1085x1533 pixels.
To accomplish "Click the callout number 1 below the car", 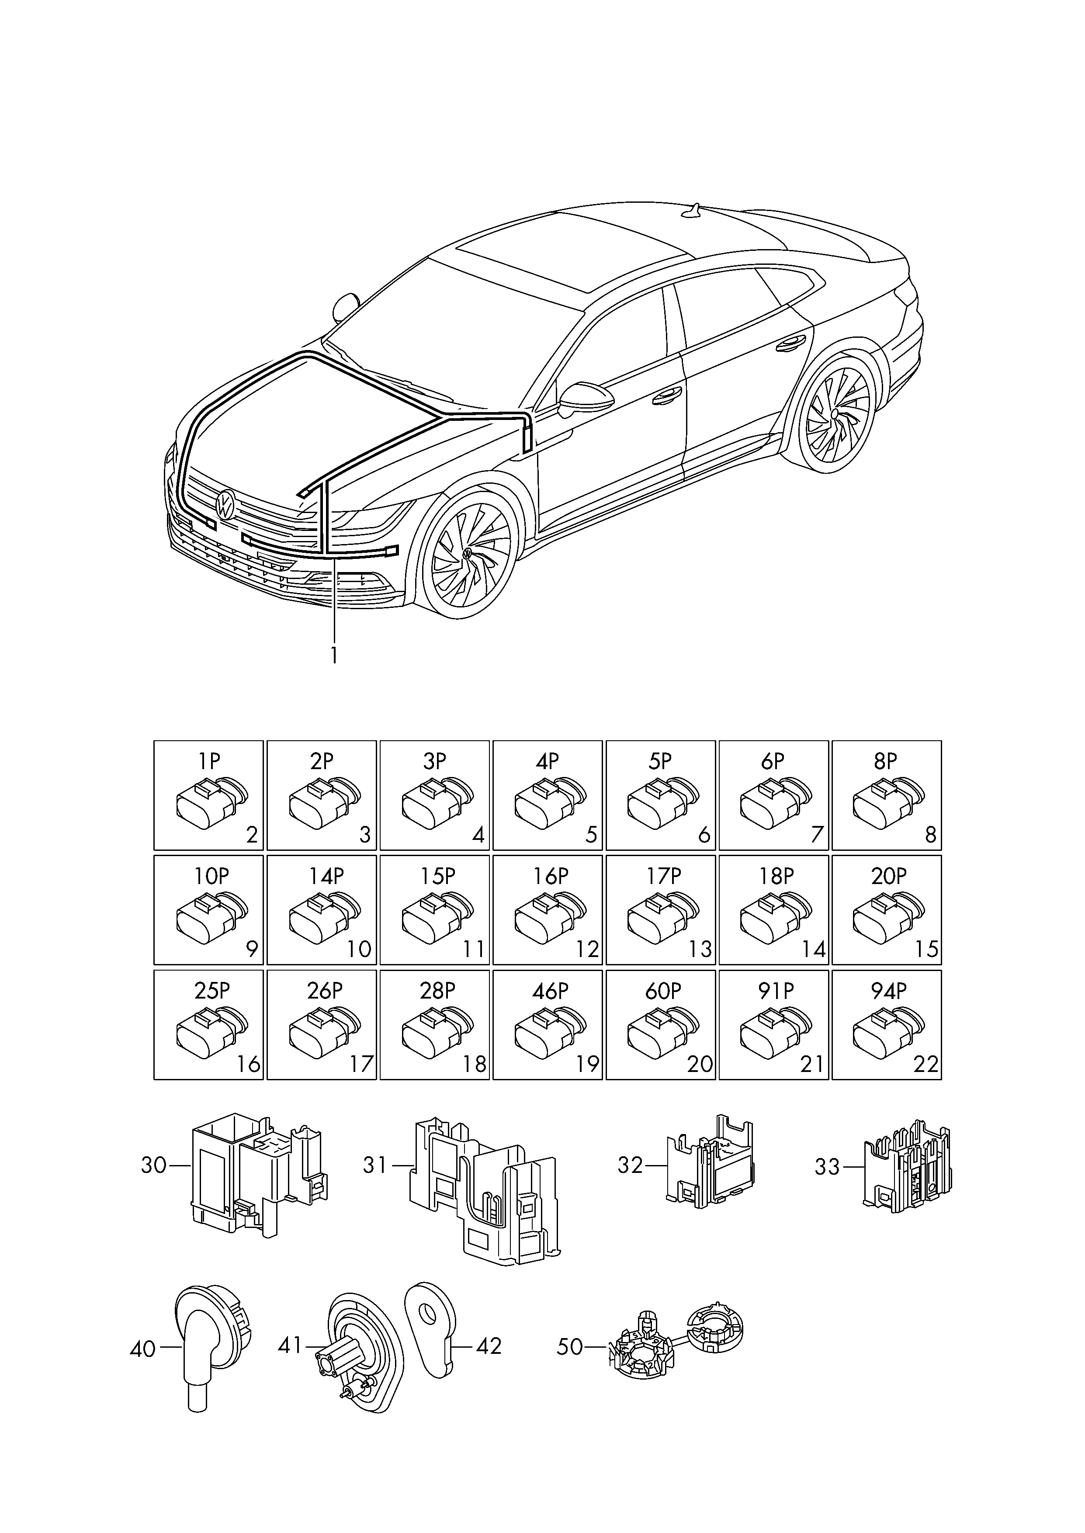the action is [333, 655].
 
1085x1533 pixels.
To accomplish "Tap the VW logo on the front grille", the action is [225, 504].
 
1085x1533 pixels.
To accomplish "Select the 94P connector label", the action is [888, 992].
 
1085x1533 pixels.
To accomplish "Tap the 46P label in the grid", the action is [549, 992].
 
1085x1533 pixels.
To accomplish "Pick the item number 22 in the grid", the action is [926, 1064].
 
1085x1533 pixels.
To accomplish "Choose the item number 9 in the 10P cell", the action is [252, 949].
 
